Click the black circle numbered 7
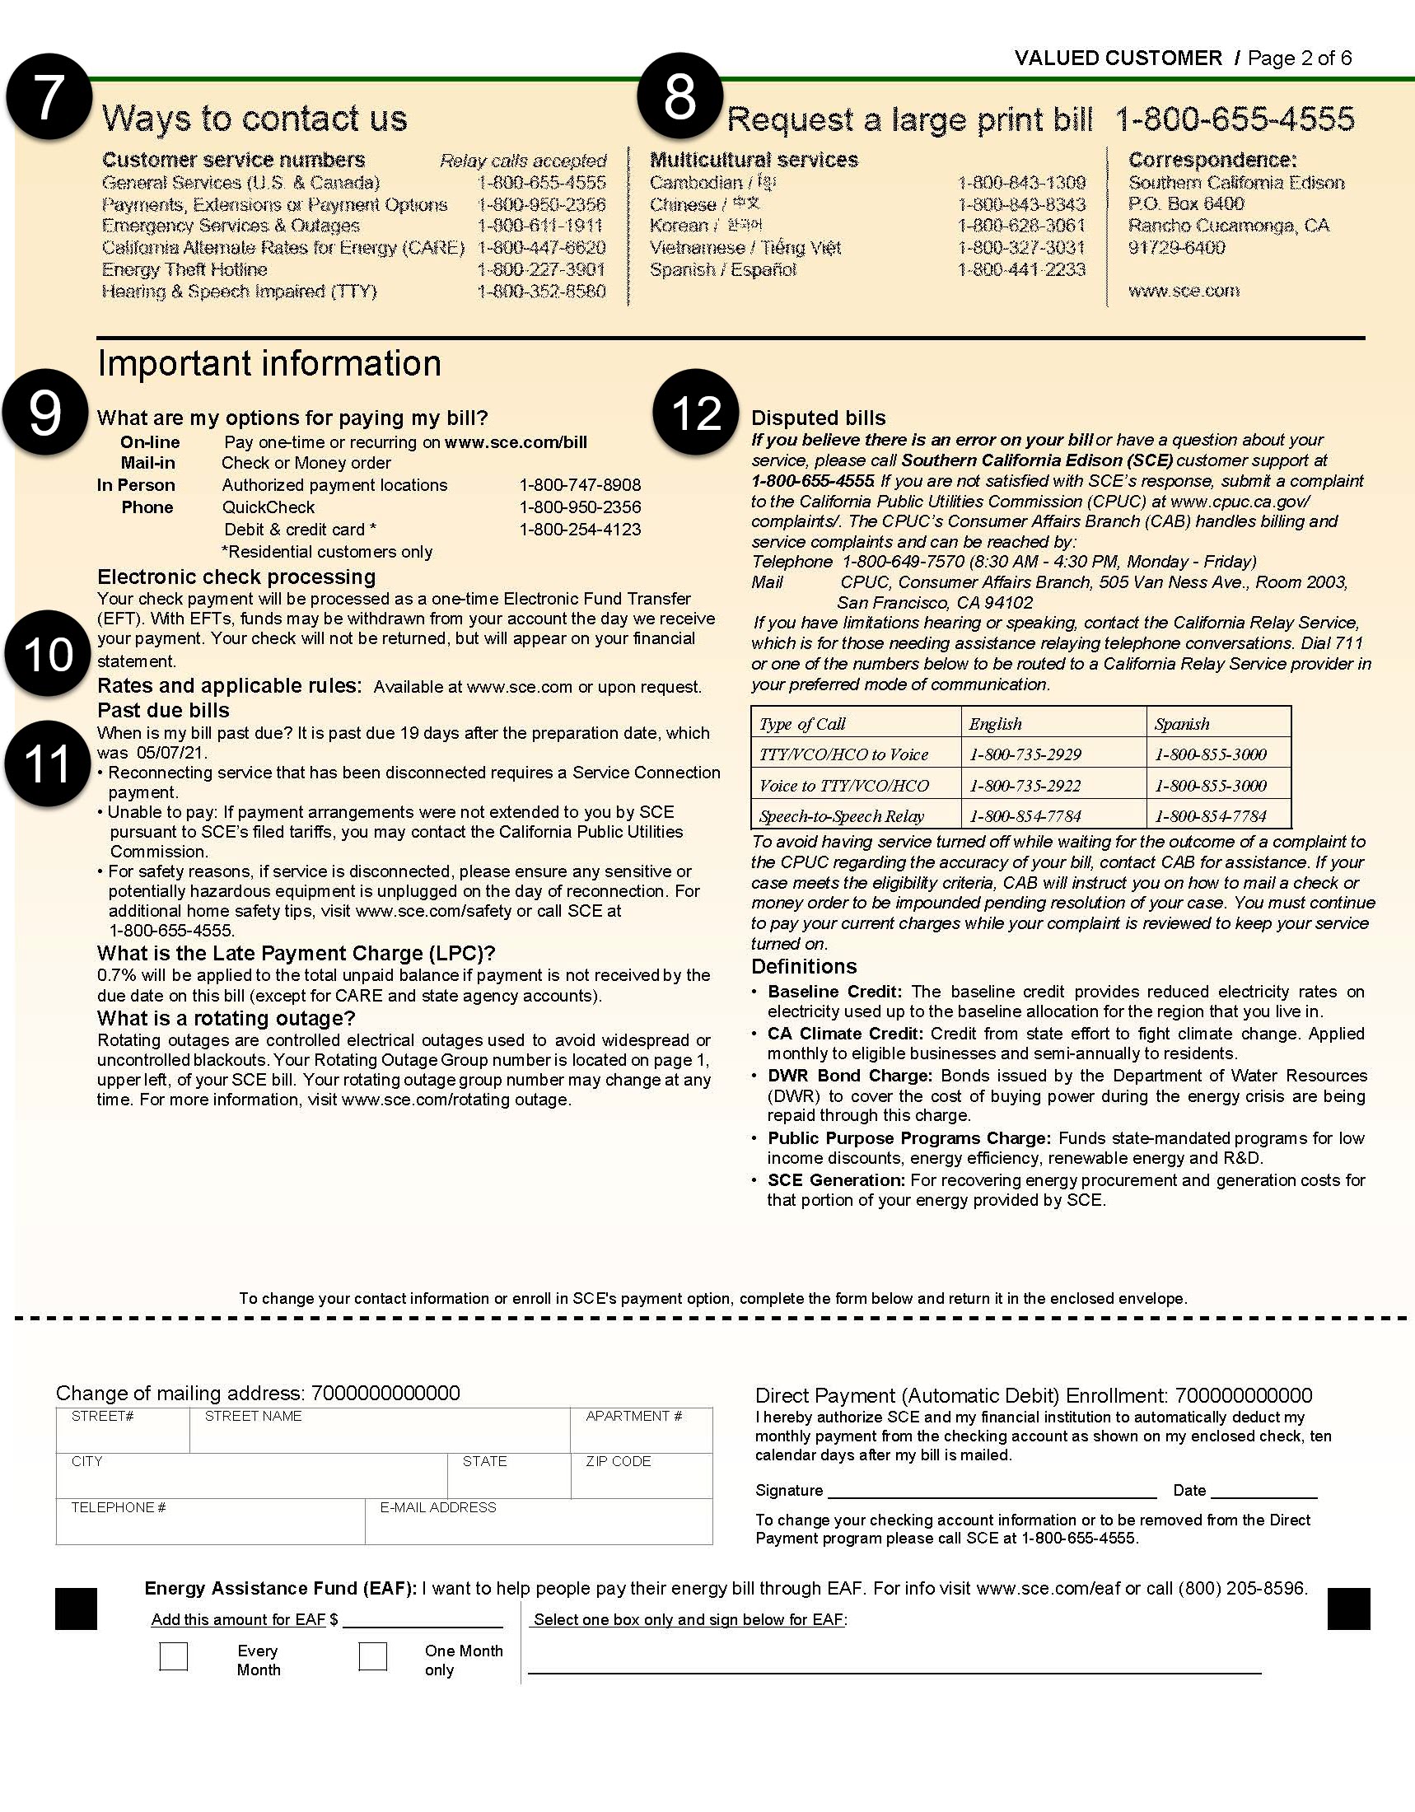point(49,96)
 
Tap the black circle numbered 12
point(696,412)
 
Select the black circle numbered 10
point(47,654)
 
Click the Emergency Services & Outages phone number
point(541,226)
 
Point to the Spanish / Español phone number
point(1021,269)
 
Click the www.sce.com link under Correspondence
point(1184,292)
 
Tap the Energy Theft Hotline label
point(184,269)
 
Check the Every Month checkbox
point(173,1656)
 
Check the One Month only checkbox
point(372,1656)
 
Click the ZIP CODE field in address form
point(640,1481)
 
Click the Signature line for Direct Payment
point(991,1491)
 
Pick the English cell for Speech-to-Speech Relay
point(1025,816)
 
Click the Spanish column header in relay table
point(1182,723)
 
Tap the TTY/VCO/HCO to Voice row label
point(843,754)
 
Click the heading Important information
point(269,363)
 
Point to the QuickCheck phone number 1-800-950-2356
point(580,507)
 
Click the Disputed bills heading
point(818,418)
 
